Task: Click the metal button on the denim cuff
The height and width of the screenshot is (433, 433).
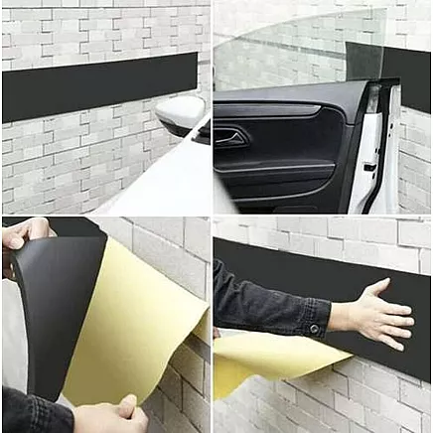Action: point(315,328)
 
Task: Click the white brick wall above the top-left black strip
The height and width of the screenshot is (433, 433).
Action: point(99,35)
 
